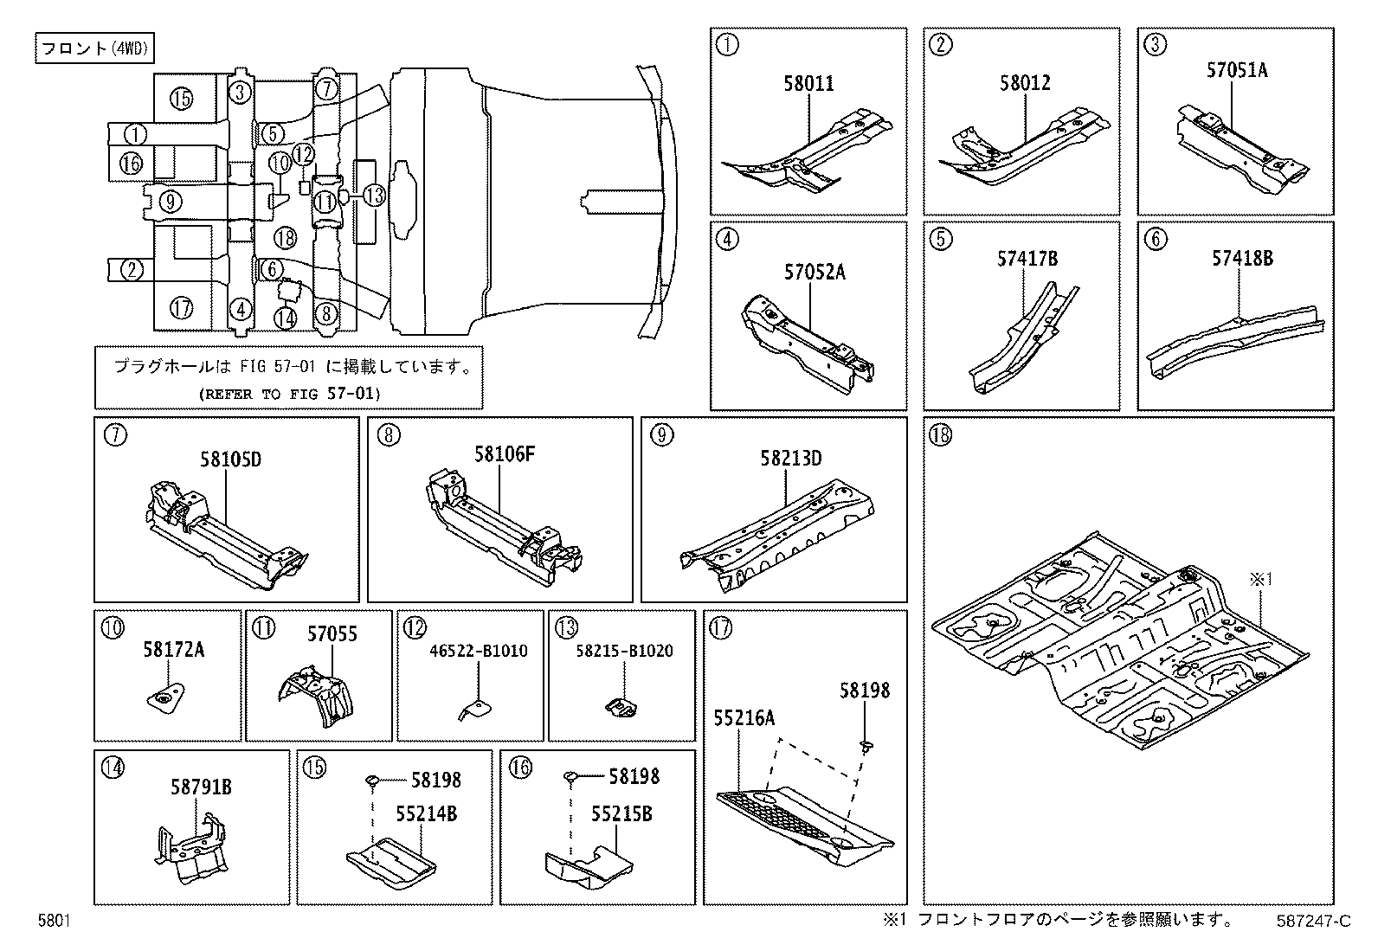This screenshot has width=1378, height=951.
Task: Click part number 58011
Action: click(x=809, y=84)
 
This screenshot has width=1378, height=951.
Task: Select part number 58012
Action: click(x=1025, y=83)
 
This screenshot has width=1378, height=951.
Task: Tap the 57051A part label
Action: click(x=1237, y=70)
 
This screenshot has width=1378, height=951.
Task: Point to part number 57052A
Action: click(x=815, y=273)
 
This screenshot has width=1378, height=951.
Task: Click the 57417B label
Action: click(x=1027, y=259)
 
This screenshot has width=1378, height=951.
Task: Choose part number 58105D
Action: click(x=230, y=459)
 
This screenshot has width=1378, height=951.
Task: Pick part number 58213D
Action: click(x=791, y=458)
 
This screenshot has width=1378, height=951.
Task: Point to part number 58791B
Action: click(x=201, y=787)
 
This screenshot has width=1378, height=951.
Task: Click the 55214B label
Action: click(x=427, y=814)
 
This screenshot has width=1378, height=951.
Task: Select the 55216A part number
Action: click(x=744, y=717)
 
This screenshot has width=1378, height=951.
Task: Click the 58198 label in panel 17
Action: click(x=864, y=691)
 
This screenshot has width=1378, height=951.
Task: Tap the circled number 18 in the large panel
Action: click(x=941, y=434)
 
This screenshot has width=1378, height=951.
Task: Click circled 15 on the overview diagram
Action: click(x=181, y=100)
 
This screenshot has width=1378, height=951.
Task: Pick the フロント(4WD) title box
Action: click(x=94, y=49)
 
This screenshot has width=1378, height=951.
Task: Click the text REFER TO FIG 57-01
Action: click(x=289, y=394)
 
